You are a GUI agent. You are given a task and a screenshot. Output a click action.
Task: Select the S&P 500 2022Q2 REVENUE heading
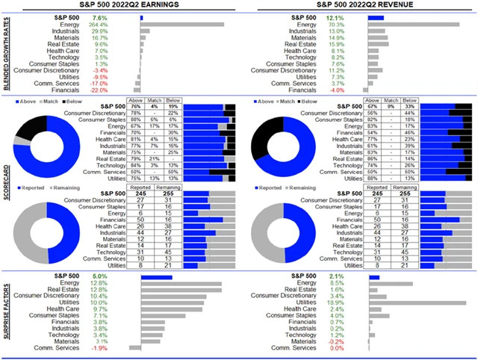355,5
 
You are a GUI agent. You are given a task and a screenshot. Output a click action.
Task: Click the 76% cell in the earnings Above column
135,107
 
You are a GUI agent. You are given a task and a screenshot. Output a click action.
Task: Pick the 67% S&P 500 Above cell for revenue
370,107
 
